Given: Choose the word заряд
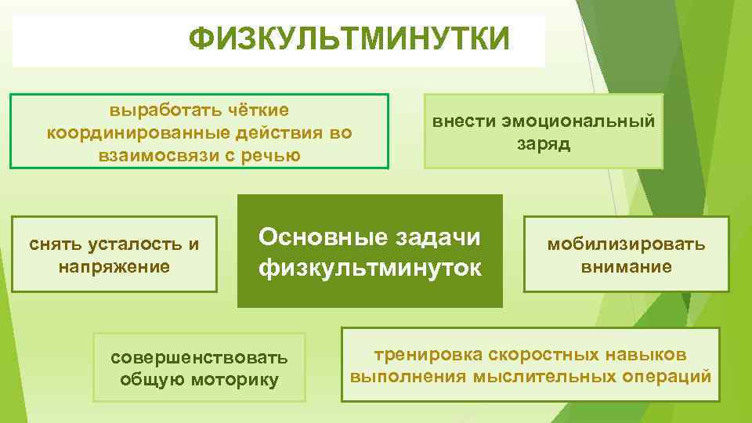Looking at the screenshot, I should click(544, 144).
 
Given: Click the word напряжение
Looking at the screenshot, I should click(114, 266).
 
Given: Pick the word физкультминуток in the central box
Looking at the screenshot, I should click(371, 268).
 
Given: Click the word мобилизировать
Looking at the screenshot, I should click(626, 244).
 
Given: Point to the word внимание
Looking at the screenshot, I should click(626, 266).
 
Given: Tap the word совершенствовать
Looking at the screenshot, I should click(199, 358).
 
